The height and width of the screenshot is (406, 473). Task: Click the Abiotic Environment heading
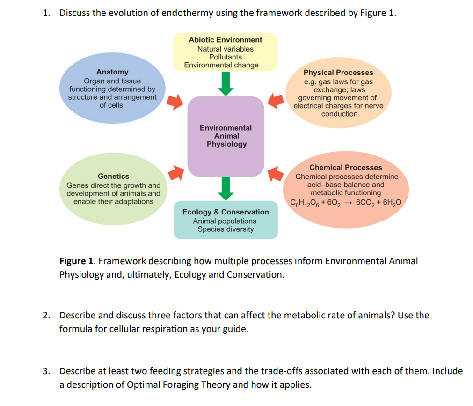pos(226,40)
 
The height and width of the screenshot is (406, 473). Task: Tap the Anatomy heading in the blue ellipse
pos(112,72)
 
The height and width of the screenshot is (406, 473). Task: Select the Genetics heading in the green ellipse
pos(113,176)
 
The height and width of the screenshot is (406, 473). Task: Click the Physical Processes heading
pos(338,73)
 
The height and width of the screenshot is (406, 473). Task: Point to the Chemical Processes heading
pos(345,167)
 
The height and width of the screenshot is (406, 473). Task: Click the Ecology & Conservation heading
pos(226,212)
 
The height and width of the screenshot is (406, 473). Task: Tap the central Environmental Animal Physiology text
pos(226,136)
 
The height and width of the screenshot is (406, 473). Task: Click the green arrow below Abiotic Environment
pos(226,84)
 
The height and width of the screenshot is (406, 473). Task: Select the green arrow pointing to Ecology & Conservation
pos(226,188)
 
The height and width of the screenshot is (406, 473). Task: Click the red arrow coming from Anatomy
pos(175,102)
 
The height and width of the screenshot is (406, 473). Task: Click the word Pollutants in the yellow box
pos(226,57)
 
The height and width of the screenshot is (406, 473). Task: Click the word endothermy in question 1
pos(187,13)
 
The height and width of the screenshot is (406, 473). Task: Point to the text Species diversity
pos(226,229)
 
